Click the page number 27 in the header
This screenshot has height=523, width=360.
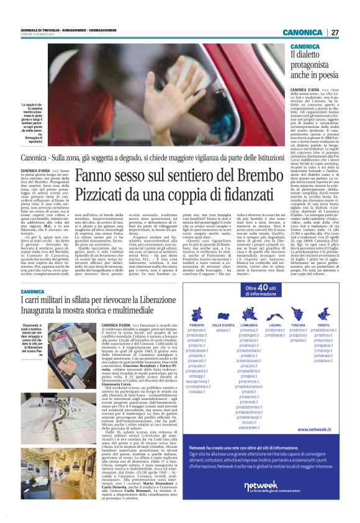pos(335,32)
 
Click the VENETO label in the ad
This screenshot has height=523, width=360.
pos(323,325)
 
